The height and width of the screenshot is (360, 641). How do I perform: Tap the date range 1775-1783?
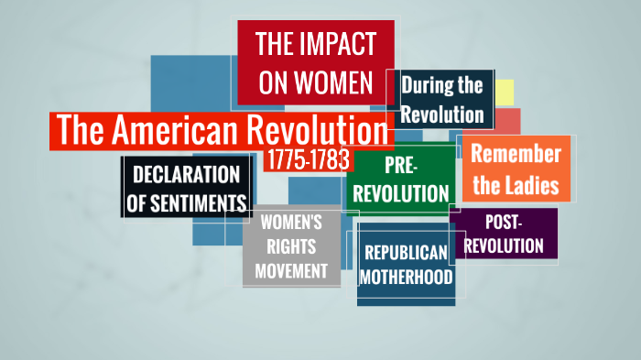[308, 159]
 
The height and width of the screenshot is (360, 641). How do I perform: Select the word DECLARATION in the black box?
[186, 174]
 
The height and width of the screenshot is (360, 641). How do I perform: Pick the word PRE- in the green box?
[401, 165]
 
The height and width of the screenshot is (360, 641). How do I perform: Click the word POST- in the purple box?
[504, 224]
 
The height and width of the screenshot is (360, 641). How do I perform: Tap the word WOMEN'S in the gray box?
[290, 222]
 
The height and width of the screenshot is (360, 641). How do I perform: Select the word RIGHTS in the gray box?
[290, 246]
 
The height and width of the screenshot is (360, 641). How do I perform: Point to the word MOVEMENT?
[290, 270]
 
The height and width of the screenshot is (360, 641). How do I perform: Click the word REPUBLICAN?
[406, 253]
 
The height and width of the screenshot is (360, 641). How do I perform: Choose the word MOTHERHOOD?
[406, 276]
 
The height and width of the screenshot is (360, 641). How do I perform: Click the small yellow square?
[505, 92]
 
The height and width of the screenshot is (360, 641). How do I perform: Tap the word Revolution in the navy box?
[442, 115]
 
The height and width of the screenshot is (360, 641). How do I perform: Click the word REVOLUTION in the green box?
[401, 193]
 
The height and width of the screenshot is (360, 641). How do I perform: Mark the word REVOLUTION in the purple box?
[504, 245]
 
